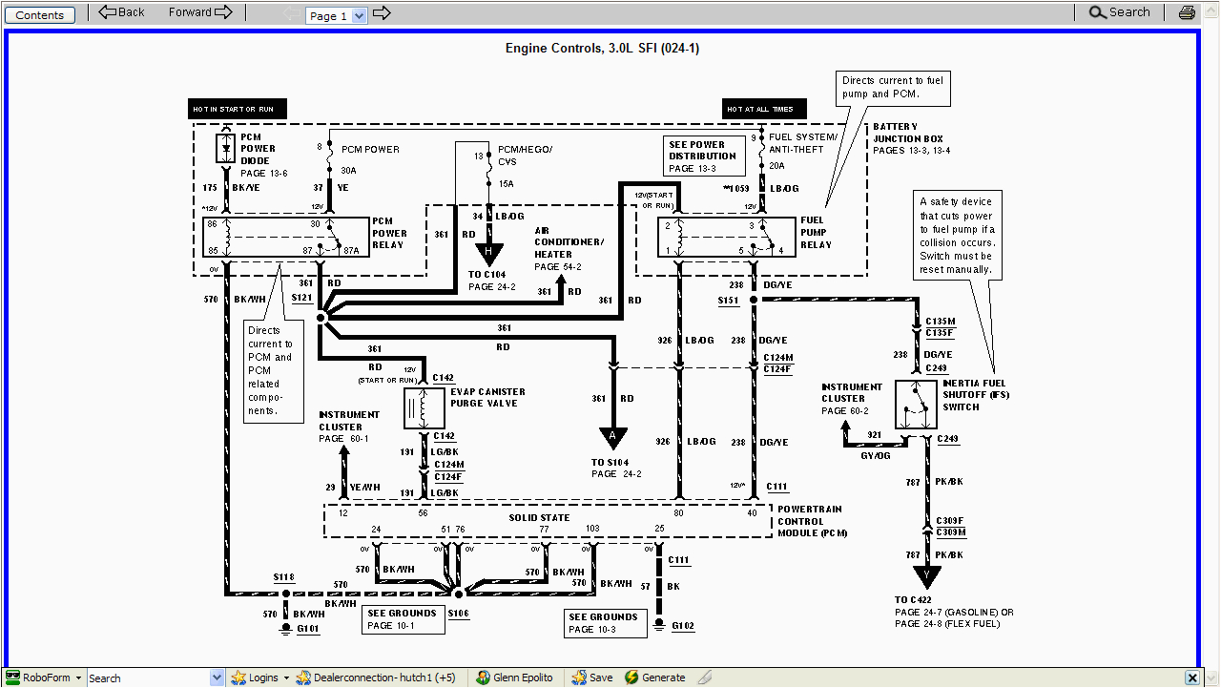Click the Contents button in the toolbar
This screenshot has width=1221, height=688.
40,14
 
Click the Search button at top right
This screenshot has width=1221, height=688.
1120,12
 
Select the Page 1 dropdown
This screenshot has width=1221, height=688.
337,15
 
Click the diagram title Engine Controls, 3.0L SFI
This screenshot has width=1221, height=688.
602,49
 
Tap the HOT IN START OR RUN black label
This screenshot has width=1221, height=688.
237,109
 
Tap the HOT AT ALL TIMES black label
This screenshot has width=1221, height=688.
763,109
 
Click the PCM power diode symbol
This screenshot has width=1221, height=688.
226,148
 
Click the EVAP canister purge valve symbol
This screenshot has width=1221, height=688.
424,408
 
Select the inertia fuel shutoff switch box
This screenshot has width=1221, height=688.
916,405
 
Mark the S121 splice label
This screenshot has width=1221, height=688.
301,298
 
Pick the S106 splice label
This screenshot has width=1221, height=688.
459,614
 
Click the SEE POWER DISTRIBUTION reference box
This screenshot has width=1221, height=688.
702,156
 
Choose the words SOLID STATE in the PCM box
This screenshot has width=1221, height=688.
539,518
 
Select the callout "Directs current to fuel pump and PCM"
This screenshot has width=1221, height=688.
893,87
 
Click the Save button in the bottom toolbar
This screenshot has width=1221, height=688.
592,678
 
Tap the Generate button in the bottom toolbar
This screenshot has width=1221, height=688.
655,678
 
